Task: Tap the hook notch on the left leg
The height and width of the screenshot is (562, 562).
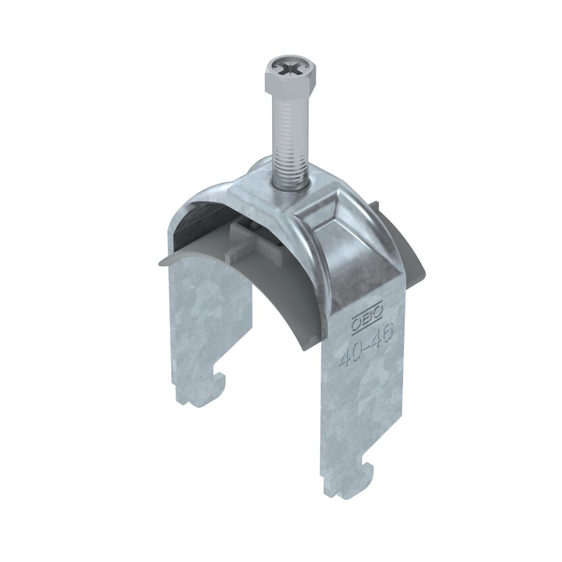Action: coord(218,380)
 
